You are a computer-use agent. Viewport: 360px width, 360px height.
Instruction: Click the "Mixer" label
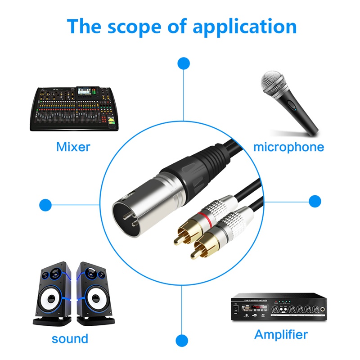(73, 147)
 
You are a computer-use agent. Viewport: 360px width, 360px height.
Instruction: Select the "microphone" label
(288, 147)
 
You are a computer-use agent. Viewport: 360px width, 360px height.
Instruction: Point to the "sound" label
(70, 338)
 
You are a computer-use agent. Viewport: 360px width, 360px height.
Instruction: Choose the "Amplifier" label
(281, 334)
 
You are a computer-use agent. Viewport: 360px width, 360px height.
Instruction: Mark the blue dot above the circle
(183, 63)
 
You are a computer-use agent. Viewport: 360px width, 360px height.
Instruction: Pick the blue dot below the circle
(182, 340)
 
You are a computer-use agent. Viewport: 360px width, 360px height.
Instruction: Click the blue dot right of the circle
(315, 201)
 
